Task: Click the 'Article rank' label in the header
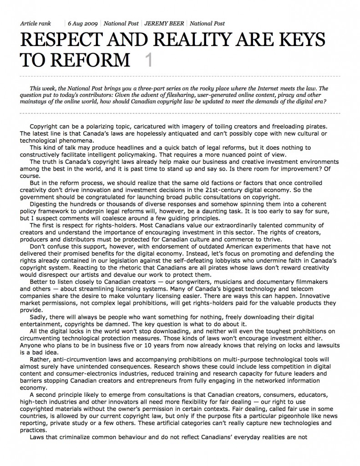[36, 23]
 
